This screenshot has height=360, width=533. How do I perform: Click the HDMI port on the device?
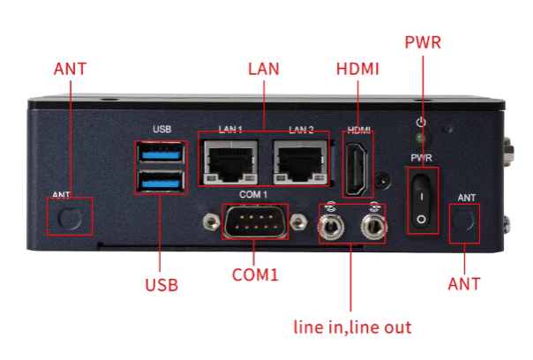point(357,168)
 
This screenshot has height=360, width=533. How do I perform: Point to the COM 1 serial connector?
point(253,221)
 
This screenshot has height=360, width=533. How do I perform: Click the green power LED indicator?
point(422,139)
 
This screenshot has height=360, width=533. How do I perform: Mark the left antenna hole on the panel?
point(70,217)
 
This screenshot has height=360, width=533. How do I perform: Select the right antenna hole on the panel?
point(464,222)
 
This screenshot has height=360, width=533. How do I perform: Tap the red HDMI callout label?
point(358,69)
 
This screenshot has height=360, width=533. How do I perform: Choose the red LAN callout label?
point(264,69)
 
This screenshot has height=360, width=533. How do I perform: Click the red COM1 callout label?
point(255,274)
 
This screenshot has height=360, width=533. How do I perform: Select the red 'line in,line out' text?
point(352,327)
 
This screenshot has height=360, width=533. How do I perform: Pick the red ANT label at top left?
point(71,69)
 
